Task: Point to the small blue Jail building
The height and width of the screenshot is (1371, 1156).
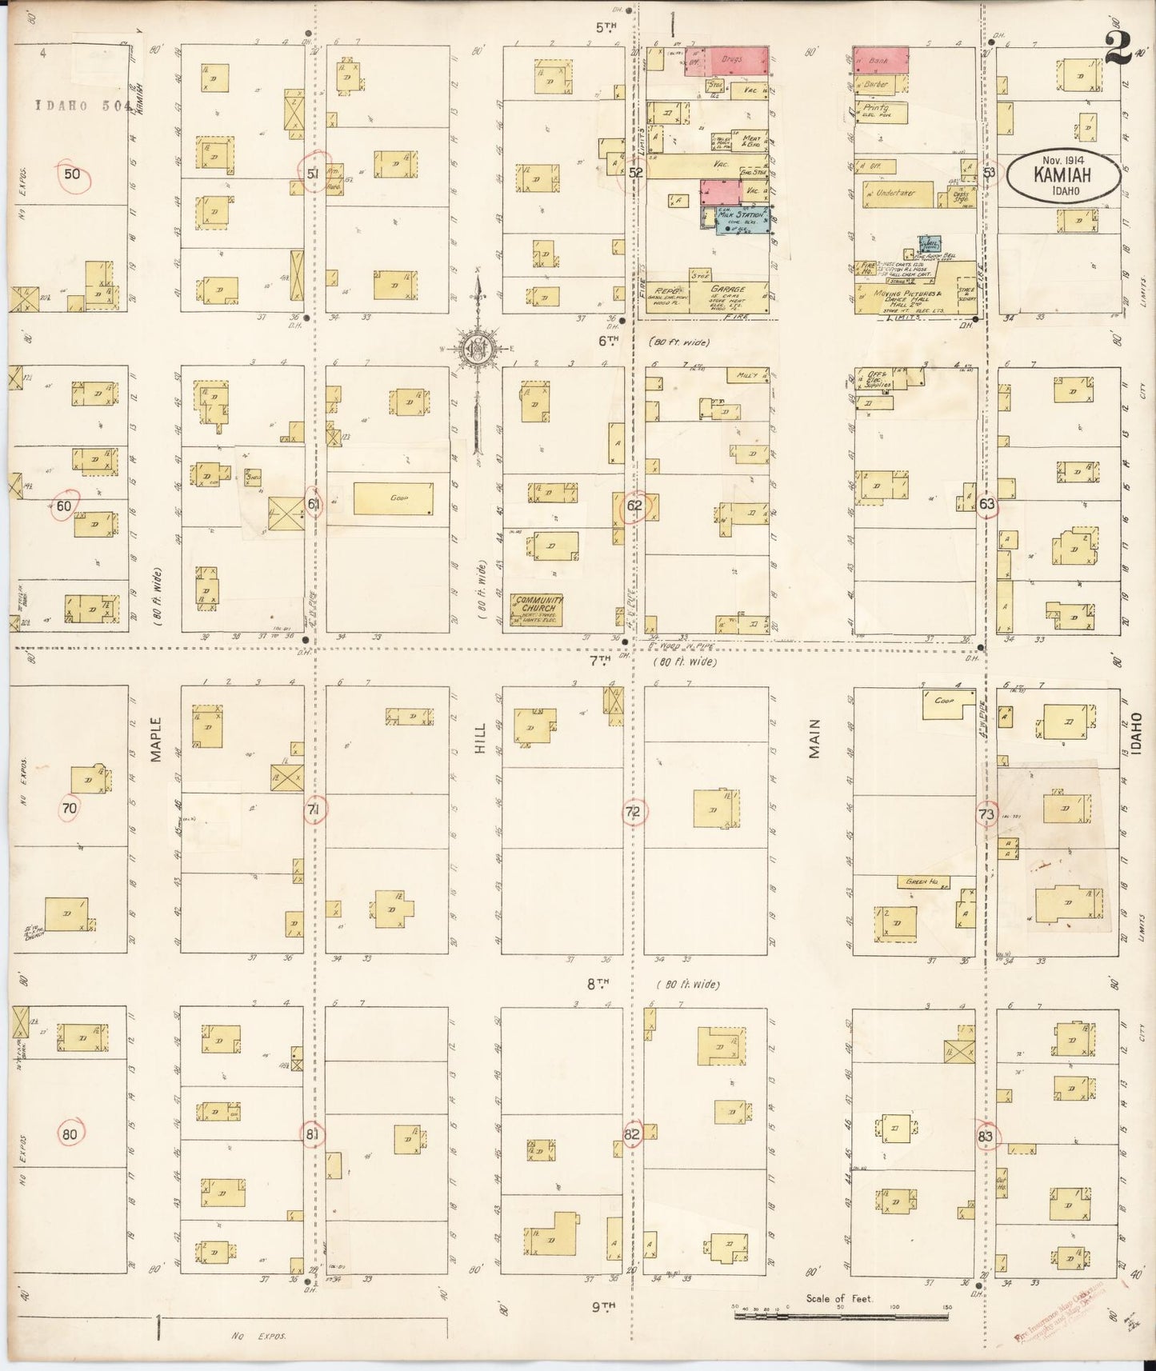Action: point(930,245)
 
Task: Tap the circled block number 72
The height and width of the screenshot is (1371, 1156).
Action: point(634,813)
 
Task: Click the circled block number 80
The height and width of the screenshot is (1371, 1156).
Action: point(70,1133)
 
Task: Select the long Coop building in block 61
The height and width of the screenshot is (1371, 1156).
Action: point(394,498)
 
